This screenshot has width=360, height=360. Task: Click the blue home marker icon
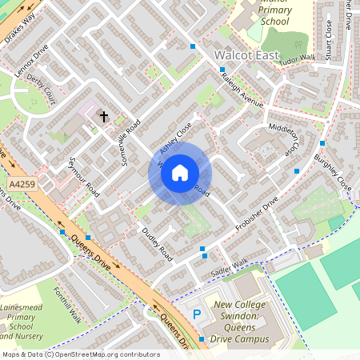pos(180,172)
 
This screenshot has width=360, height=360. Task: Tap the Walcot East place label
pos(247,56)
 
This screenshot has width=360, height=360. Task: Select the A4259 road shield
pos(22,185)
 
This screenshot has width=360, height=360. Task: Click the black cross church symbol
pos(103,117)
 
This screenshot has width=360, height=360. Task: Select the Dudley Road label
pos(157,242)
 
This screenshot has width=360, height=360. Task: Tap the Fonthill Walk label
pos(67,305)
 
